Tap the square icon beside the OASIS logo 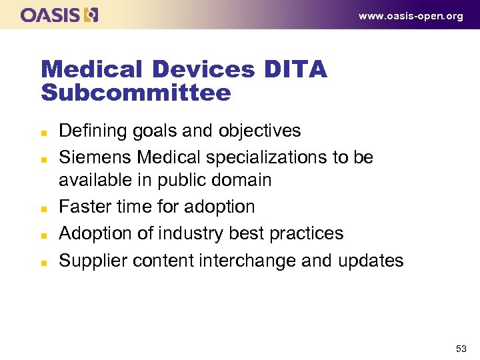pos(91,15)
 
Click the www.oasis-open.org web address pos(411,16)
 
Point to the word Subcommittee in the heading pos(136,93)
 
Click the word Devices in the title pos(202,69)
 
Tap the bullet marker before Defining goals pos(44,131)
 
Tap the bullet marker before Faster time pos(44,207)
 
